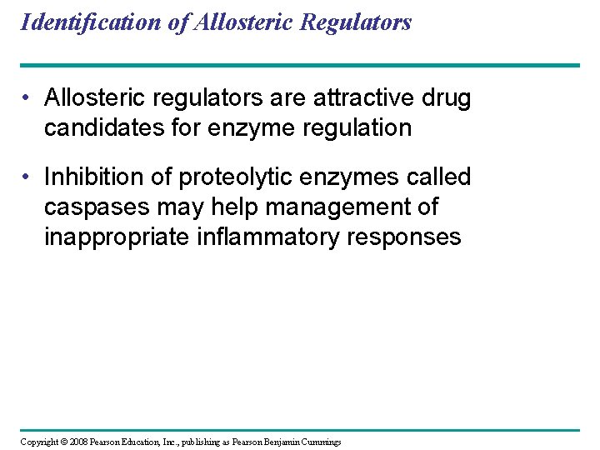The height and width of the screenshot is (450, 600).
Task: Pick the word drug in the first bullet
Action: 447,98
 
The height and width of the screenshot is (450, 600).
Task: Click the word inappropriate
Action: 116,237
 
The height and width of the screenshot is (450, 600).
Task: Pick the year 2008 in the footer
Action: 77,442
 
